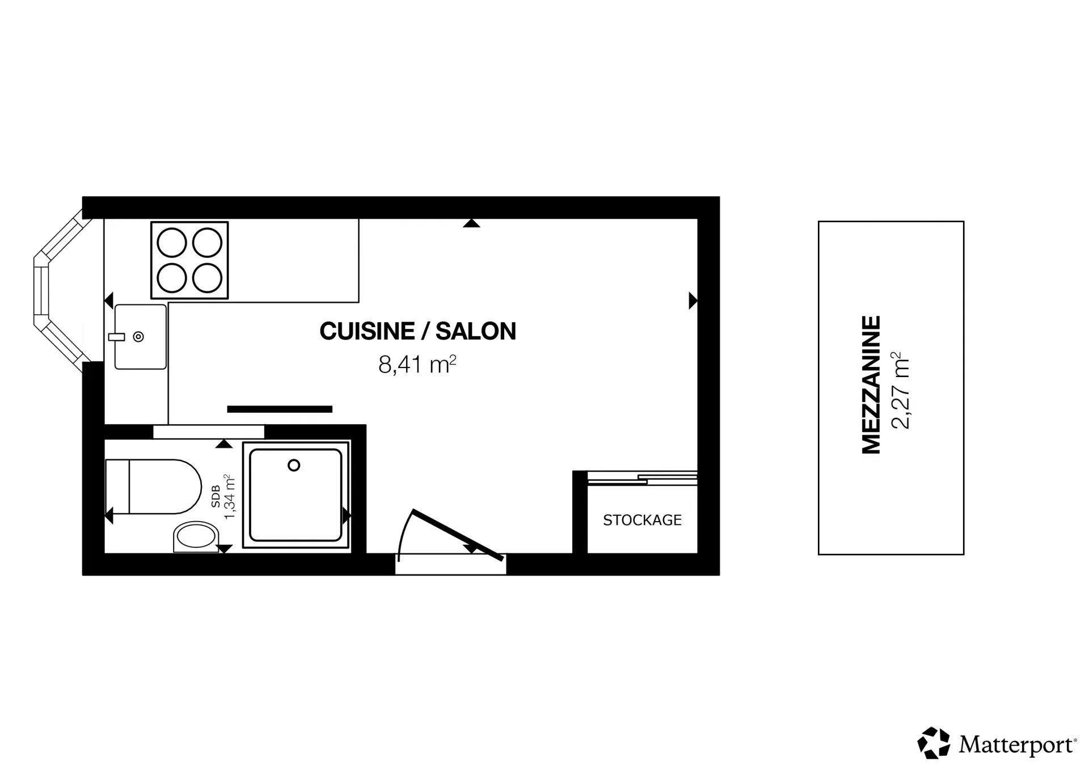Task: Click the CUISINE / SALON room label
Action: [x=418, y=331]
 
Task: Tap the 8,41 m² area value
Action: [x=417, y=365]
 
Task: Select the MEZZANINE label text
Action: [x=871, y=385]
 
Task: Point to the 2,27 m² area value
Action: [x=900, y=391]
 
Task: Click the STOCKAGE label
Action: [x=642, y=520]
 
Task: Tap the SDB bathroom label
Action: [x=216, y=497]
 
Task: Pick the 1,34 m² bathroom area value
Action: [x=230, y=497]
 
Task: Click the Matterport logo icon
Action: [x=934, y=742]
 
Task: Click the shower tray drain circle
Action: [x=294, y=466]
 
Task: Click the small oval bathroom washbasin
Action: [x=196, y=537]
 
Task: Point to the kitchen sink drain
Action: [x=138, y=337]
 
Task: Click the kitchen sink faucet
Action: [x=116, y=337]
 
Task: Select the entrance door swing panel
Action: [x=458, y=535]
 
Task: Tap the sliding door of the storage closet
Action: [x=642, y=478]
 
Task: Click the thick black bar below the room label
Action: [x=280, y=409]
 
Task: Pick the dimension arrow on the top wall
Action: [x=471, y=223]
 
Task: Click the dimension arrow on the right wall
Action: [x=693, y=301]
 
